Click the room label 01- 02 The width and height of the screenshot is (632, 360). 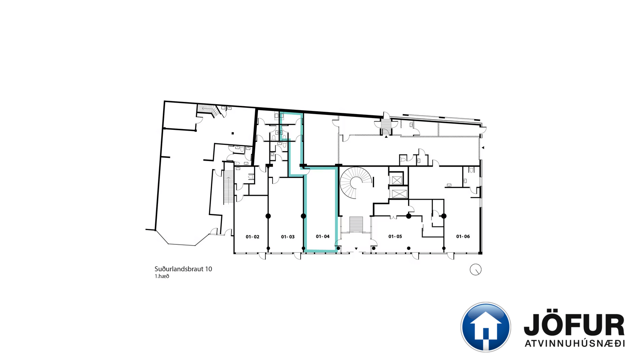[252, 237]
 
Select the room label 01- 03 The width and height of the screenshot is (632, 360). [288, 237]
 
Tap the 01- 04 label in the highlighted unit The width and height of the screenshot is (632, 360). [322, 236]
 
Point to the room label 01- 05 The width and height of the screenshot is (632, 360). [395, 236]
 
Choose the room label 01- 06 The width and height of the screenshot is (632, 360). [463, 236]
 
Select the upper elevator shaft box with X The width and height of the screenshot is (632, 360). [396, 180]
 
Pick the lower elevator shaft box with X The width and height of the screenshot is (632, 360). [398, 194]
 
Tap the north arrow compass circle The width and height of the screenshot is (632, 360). [476, 270]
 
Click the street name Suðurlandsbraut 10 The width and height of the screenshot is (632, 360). [183, 269]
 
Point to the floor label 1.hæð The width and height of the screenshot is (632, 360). [162, 276]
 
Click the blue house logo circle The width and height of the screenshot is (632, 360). [485, 327]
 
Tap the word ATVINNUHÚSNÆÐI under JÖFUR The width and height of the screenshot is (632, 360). [574, 344]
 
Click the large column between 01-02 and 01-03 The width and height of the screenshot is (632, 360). [268, 216]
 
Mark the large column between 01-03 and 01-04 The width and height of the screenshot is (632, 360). [303, 216]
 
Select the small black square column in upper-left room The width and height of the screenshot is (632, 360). [233, 133]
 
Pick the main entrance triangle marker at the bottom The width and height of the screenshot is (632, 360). [356, 249]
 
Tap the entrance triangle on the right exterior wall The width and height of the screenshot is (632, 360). [483, 148]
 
